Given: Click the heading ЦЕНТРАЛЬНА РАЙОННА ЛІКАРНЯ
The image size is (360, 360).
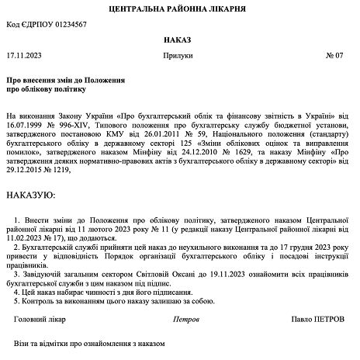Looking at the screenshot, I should click(x=179, y=9).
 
